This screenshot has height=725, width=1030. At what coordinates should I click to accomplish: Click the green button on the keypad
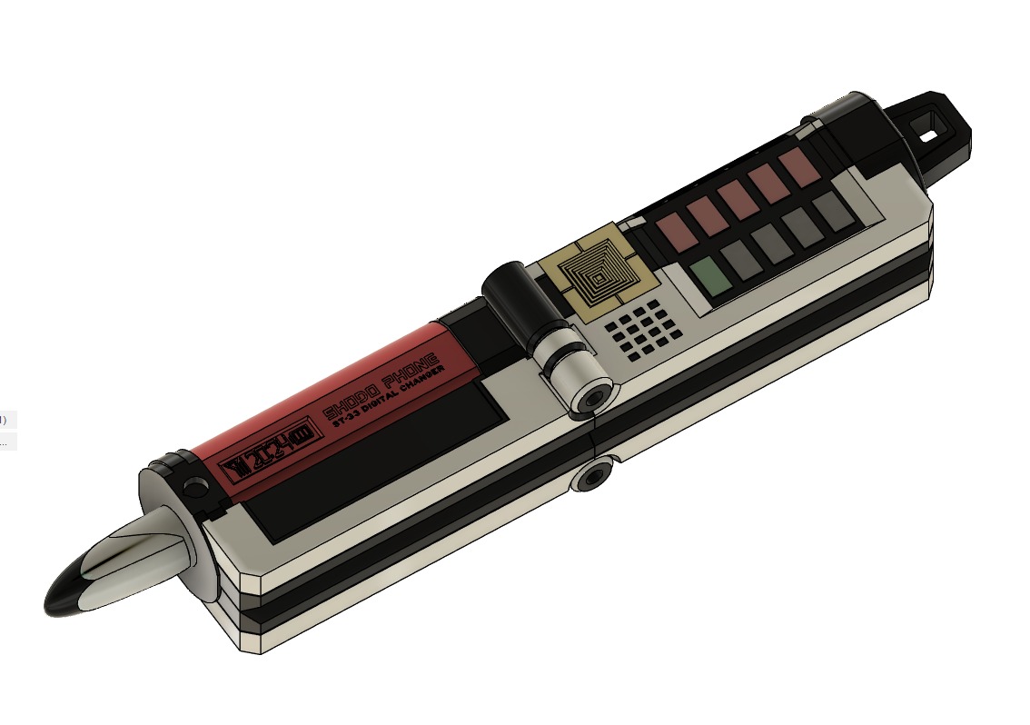(x=709, y=274)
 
